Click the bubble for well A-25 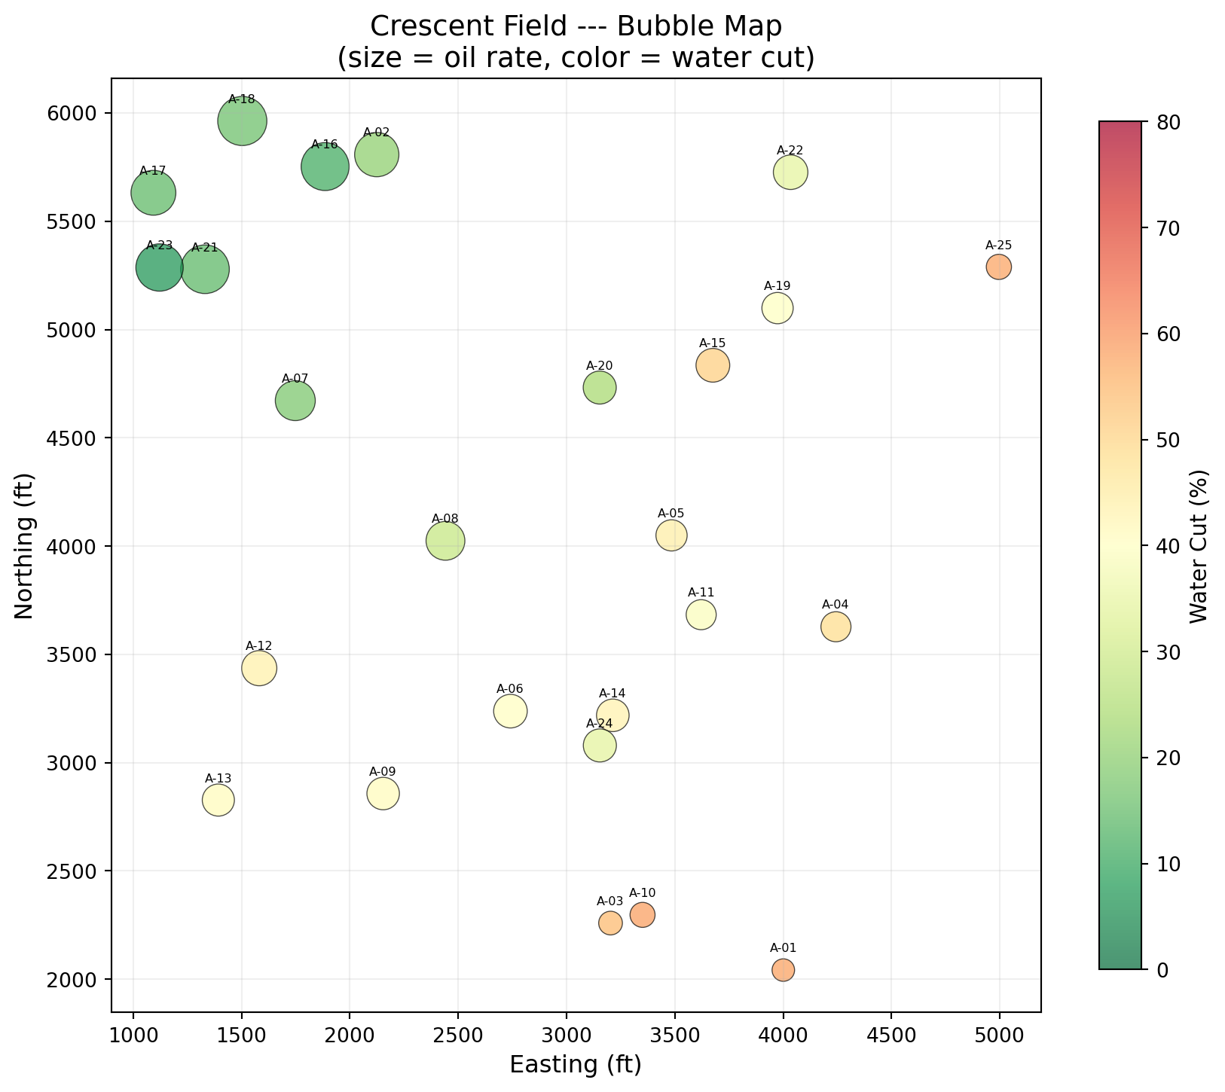point(998,267)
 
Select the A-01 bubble point(783,970)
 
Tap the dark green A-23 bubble point(159,267)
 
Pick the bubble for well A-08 point(445,541)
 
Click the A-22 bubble point(790,172)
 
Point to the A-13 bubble point(218,800)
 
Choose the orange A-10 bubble point(642,915)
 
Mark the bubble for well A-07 point(295,401)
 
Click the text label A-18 point(242,99)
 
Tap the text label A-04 point(835,604)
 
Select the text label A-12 point(259,645)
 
